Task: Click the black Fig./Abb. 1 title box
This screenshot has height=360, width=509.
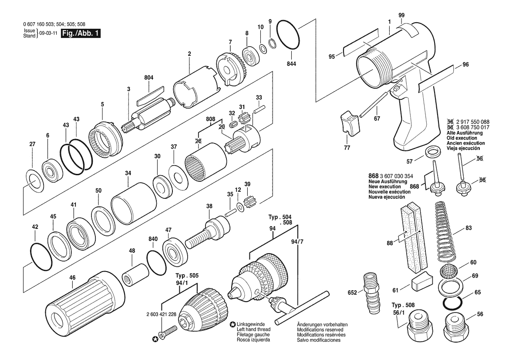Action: pos(81,33)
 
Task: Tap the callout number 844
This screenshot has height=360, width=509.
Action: pos(291,64)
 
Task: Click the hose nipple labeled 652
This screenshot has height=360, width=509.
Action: pos(370,293)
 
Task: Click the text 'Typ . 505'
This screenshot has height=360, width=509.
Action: pos(187,276)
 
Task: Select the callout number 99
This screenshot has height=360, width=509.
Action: pos(401,15)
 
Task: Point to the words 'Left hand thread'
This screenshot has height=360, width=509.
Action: pos(253,329)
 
